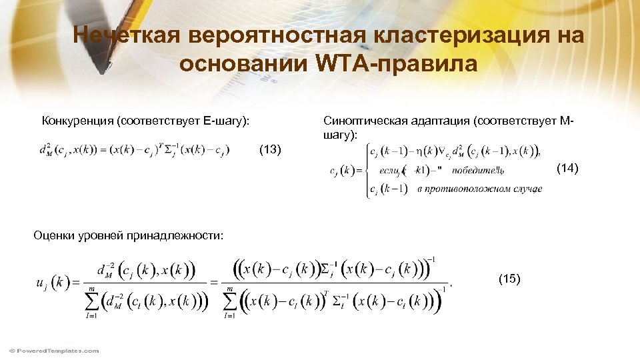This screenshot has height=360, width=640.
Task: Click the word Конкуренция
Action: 77,121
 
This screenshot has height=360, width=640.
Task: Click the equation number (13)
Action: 270,149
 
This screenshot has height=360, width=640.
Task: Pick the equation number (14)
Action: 569,168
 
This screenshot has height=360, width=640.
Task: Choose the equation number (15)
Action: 509,279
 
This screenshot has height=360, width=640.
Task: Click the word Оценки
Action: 53,235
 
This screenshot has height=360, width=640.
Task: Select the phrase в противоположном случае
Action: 479,189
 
